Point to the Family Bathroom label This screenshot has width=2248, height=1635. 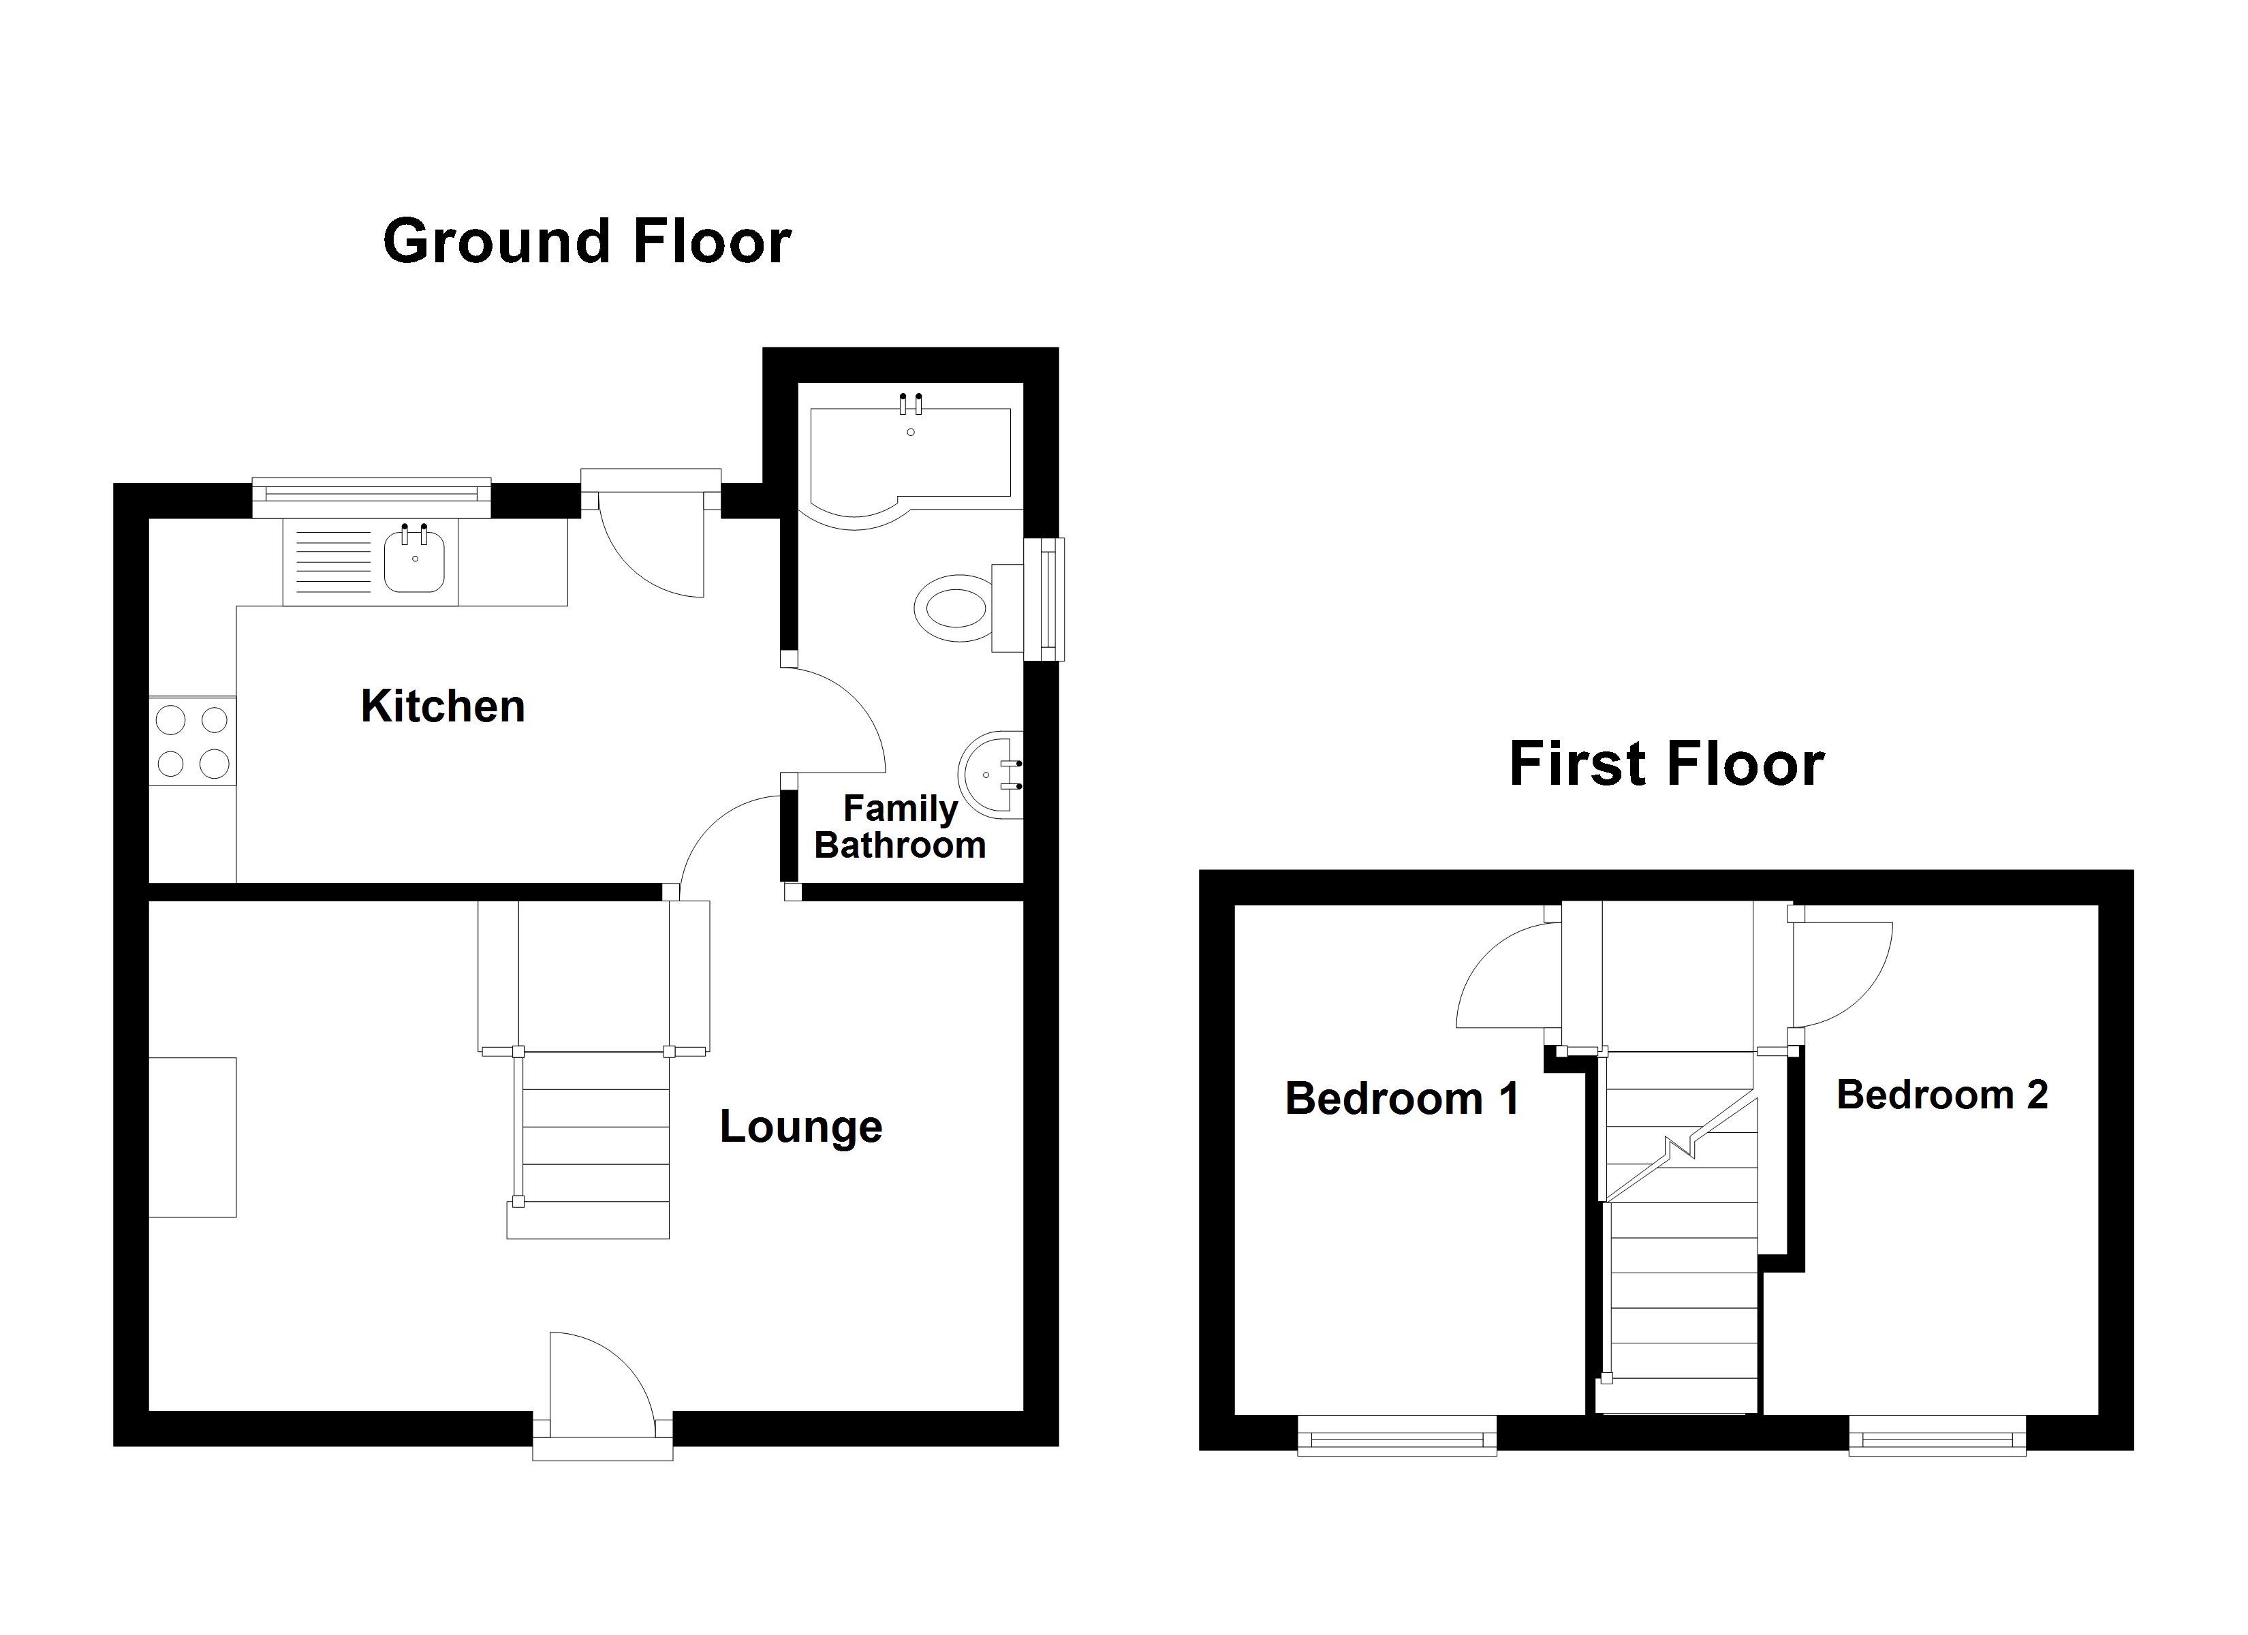(x=899, y=827)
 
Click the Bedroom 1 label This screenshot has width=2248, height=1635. (x=1401, y=1099)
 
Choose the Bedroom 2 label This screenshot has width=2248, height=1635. (x=1941, y=1095)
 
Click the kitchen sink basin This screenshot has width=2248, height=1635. (x=414, y=561)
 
